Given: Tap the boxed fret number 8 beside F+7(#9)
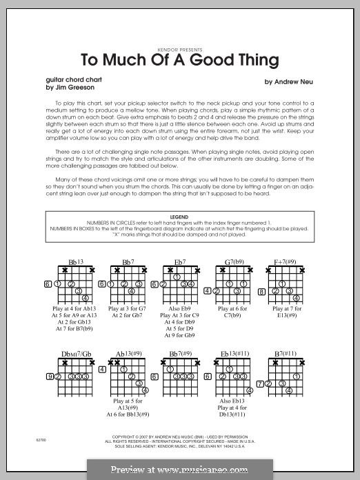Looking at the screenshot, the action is pyautogui.click(x=261, y=291).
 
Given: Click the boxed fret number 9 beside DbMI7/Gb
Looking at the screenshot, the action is pyautogui.click(x=49, y=376).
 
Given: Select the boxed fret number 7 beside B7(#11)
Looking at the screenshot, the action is pyautogui.click(x=259, y=383).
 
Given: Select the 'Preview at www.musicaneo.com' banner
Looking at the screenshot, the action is pyautogui.click(x=180, y=470).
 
